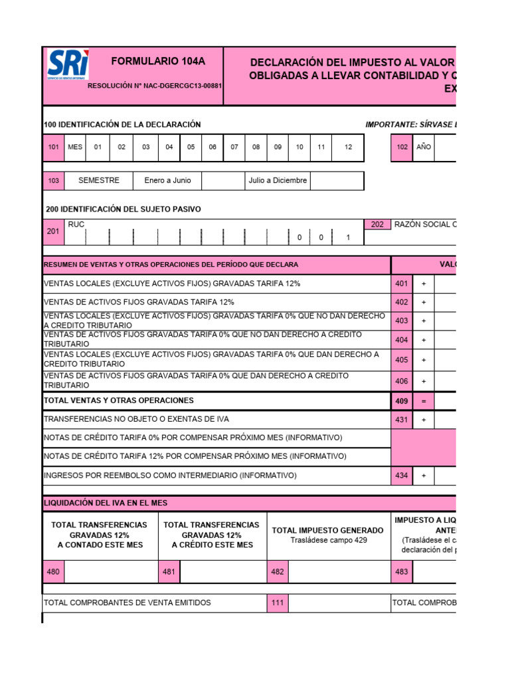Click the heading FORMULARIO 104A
click(158, 62)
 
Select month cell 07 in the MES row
click(234, 147)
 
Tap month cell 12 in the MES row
click(348, 147)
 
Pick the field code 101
click(54, 147)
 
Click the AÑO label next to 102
click(424, 147)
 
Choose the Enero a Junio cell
click(167, 180)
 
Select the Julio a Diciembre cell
click(278, 180)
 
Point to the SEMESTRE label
click(99, 180)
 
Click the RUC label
click(76, 225)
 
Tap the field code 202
click(377, 225)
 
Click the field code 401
click(401, 284)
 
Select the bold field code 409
click(401, 401)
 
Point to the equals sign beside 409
click(424, 401)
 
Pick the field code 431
click(401, 420)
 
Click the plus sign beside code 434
click(424, 476)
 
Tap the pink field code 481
click(169, 571)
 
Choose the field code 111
click(278, 603)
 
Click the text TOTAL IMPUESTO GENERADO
click(328, 530)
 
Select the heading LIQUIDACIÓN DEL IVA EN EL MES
click(105, 503)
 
